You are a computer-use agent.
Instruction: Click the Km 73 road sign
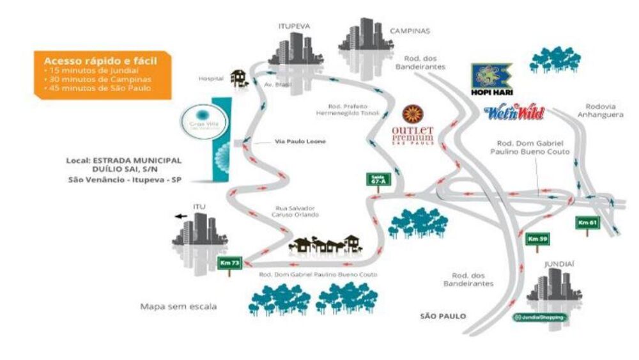coord(225,263)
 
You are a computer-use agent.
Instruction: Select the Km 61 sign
coord(587,223)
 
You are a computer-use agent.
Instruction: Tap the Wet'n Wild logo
coord(514,114)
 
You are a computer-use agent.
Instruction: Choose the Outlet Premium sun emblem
coord(412,114)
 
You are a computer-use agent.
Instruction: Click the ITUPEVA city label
coord(294,26)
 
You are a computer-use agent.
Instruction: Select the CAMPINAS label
coord(410,30)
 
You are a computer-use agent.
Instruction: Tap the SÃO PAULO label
coord(443,316)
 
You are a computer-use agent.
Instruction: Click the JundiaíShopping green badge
coord(540,317)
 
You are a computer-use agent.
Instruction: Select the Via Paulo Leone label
coord(296,141)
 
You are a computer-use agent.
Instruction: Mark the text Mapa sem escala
coord(178,306)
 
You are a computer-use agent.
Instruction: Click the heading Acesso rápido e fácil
coord(100,60)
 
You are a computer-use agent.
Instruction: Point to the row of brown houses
coord(326,243)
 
